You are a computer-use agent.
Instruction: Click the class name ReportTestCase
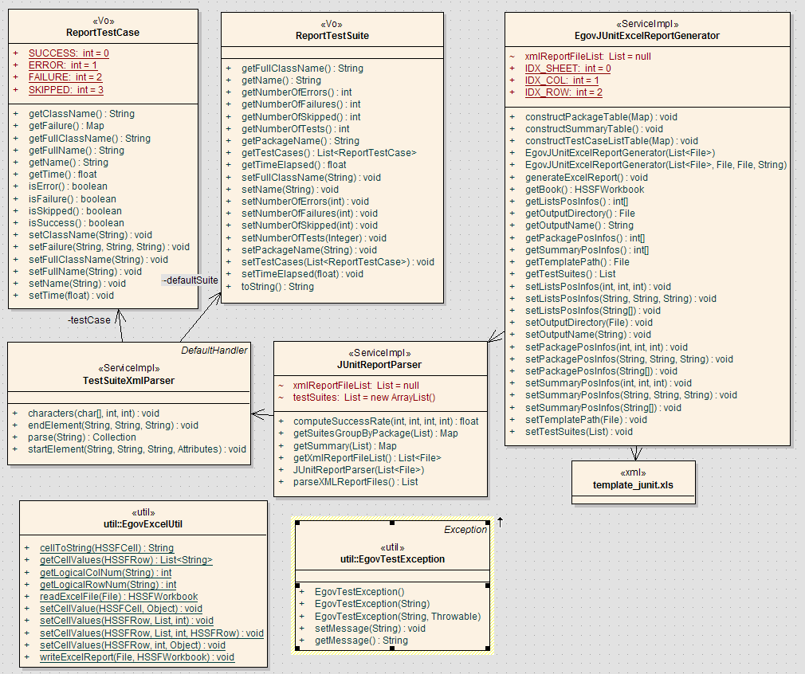coord(104,33)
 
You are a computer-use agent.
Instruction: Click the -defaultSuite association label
coord(190,280)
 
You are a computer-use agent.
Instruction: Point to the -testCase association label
coord(88,320)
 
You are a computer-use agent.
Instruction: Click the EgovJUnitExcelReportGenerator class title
coord(647,36)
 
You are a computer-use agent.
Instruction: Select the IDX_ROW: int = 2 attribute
coord(563,92)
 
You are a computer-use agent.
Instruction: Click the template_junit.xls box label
coord(633,485)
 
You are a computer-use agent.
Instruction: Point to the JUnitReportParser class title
coord(379,365)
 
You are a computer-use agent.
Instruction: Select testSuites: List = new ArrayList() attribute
coord(364,397)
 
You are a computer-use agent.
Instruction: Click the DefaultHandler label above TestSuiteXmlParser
coord(214,350)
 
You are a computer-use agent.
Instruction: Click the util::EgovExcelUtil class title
coord(143,523)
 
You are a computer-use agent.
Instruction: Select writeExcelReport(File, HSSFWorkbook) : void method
coord(136,657)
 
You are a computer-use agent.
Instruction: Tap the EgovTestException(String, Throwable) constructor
coord(398,616)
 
